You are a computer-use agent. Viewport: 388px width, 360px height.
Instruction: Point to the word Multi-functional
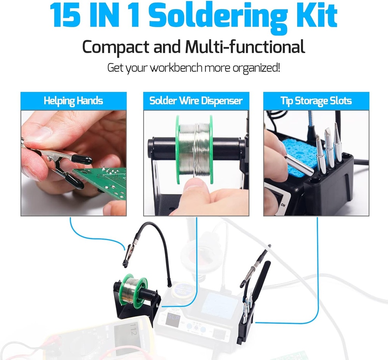point(245,48)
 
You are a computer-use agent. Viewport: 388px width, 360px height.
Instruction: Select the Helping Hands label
point(73,101)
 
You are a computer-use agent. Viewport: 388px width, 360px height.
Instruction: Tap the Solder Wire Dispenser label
point(196,101)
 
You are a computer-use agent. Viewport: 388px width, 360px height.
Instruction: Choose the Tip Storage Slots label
point(316,101)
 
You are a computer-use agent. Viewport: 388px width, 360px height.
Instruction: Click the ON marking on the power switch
point(282,205)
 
